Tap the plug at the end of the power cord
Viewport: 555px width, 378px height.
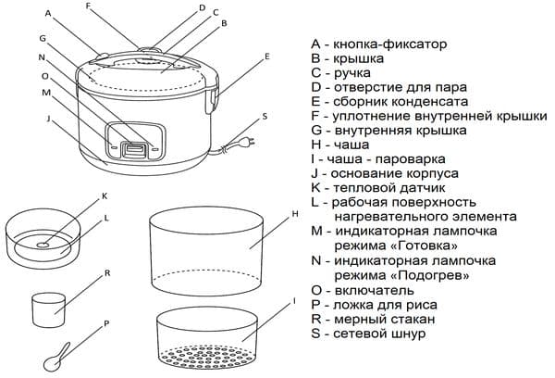coord(247,143)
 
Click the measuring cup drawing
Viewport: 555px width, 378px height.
coord(47,308)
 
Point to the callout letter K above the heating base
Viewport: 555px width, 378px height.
coord(105,195)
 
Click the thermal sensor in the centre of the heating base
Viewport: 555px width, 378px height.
coord(44,244)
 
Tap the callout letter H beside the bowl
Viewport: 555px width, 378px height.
coord(293,214)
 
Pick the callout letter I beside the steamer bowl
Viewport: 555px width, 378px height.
coord(293,301)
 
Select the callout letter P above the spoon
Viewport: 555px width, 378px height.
coord(106,323)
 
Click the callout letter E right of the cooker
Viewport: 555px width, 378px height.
coord(266,57)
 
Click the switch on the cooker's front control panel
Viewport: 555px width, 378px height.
coord(136,146)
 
